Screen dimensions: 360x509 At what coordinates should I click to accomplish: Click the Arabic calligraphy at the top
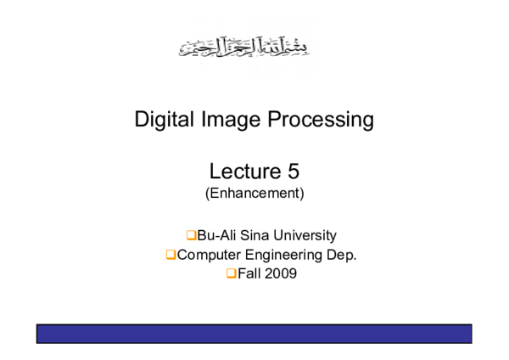coord(243,46)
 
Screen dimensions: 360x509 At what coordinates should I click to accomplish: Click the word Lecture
coord(240,172)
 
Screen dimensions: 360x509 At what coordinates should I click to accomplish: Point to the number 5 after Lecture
coord(293,172)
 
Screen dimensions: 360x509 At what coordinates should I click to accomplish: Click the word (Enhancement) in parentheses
coord(255,194)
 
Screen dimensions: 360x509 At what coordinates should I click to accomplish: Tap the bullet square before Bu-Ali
coord(191,235)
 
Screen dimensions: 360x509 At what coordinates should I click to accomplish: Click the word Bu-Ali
coord(218,235)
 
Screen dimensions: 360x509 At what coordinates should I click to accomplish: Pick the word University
coord(306,235)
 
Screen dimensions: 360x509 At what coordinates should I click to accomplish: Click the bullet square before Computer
coord(171,254)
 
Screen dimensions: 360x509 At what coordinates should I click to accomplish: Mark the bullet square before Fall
coord(231,273)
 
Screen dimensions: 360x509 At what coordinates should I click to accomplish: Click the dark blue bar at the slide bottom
coord(254,334)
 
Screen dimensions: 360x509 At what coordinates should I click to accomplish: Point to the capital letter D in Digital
coord(142,120)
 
